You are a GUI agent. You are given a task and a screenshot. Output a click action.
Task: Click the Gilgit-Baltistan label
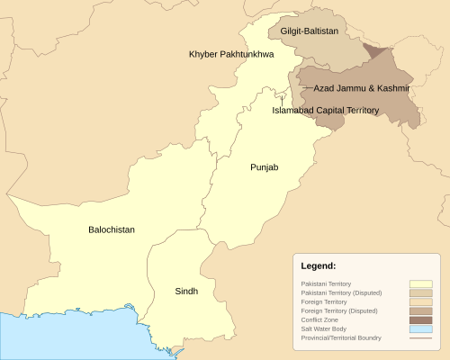click(310, 31)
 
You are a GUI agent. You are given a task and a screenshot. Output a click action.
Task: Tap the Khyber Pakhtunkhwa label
click(231, 54)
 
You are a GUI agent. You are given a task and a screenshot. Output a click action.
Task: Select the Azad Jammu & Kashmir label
click(362, 89)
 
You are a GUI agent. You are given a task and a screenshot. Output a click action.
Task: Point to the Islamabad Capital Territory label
click(326, 110)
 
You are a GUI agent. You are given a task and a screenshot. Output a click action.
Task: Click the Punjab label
click(265, 167)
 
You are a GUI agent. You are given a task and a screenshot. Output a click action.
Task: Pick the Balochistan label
click(112, 229)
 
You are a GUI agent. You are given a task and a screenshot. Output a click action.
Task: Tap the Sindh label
click(186, 291)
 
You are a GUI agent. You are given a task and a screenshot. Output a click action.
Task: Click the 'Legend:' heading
click(318, 266)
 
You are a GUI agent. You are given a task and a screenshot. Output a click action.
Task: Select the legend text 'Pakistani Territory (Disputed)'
click(339, 292)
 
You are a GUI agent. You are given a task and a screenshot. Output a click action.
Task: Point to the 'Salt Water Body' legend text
click(324, 328)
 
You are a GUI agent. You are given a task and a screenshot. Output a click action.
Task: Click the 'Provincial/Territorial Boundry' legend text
click(342, 337)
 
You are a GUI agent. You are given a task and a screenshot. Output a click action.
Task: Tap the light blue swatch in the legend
click(420, 328)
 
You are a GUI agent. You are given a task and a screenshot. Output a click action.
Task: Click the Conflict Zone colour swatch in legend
click(420, 319)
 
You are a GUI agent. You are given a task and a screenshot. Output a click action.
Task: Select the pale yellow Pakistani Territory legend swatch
click(420, 283)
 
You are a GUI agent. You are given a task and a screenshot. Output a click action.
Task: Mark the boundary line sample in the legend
click(420, 337)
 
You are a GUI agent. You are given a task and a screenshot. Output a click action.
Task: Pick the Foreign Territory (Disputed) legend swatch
click(420, 310)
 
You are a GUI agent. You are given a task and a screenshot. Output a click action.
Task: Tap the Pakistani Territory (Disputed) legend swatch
click(420, 292)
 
